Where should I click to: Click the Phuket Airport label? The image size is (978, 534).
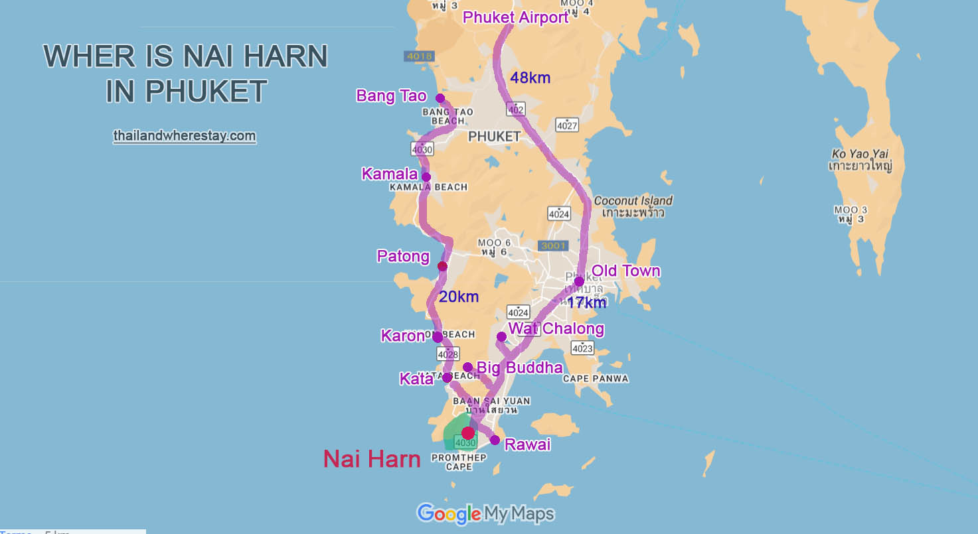point(515,18)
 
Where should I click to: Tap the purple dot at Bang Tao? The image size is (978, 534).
point(440,98)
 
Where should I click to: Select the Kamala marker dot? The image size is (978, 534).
point(426,177)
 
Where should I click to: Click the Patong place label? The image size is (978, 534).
point(403,256)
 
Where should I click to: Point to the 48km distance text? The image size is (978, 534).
point(530,78)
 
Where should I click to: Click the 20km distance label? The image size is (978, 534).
point(458,297)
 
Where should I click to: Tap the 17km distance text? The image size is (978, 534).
point(586,303)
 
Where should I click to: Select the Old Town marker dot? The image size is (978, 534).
point(579,281)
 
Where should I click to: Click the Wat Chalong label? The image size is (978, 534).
point(556,328)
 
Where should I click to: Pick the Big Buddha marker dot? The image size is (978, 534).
point(467,367)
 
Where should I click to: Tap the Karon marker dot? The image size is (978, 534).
point(438,338)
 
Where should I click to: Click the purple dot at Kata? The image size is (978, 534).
point(447,377)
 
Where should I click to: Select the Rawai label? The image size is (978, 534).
point(527,444)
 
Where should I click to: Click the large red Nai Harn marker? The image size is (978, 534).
point(468,433)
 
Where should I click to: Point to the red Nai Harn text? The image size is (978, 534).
point(372,459)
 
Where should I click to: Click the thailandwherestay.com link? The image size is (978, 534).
point(185,136)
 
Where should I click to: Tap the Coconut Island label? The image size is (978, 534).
point(633,200)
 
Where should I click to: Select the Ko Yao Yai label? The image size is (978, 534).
point(860,154)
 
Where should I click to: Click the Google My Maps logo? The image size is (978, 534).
point(485,513)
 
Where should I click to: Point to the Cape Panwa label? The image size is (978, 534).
point(595,379)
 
